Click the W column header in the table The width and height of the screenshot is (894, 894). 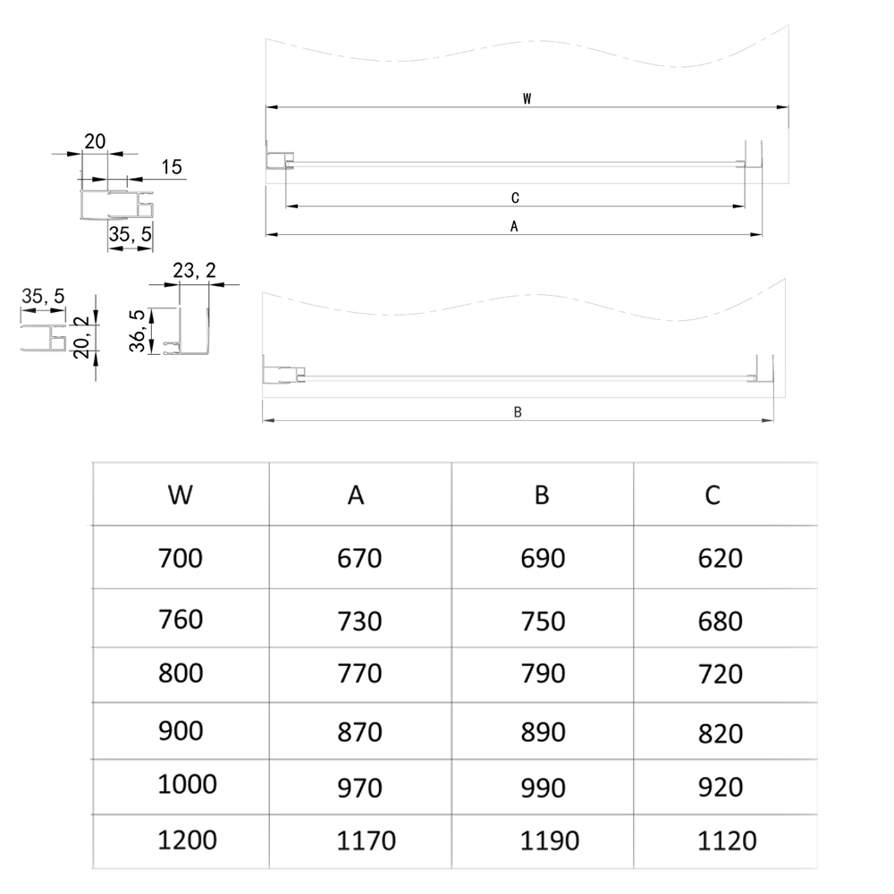[x=181, y=494]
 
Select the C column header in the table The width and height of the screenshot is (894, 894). [x=713, y=494]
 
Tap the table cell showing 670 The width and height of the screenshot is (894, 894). [x=359, y=559]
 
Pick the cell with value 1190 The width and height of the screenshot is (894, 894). [x=549, y=840]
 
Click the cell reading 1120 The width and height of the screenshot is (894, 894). [x=726, y=840]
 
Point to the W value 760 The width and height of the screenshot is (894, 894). [x=181, y=619]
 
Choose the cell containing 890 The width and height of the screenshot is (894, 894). [x=543, y=732]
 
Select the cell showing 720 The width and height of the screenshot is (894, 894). [x=720, y=674]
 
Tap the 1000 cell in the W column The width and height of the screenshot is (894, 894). [x=187, y=784]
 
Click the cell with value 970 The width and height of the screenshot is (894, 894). [x=359, y=789]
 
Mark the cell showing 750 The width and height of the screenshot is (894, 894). [x=543, y=620]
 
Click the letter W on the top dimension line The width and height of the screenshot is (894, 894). [x=527, y=99]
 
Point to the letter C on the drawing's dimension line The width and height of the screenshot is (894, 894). [x=515, y=198]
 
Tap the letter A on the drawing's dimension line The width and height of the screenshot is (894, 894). [x=514, y=227]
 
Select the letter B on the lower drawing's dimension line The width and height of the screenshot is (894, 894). [x=518, y=412]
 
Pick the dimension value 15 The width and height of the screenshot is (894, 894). [x=172, y=166]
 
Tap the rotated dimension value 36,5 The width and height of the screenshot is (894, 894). [x=138, y=331]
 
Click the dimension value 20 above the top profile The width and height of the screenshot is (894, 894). [x=95, y=141]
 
